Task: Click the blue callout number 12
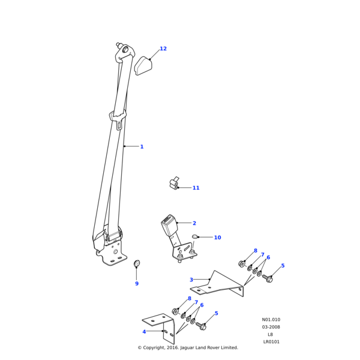point(163,49)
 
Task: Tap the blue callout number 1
point(142,146)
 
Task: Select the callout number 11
point(196,188)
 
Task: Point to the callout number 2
point(194,223)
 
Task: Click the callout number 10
point(217,238)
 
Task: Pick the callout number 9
point(136,284)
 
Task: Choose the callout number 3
point(191,280)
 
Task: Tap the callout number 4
point(144,332)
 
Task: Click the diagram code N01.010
point(271,320)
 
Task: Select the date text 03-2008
point(271,327)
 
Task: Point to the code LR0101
point(271,342)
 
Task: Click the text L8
point(271,335)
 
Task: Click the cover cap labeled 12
point(143,65)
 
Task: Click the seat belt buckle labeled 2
point(169,228)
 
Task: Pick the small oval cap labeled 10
point(195,236)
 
